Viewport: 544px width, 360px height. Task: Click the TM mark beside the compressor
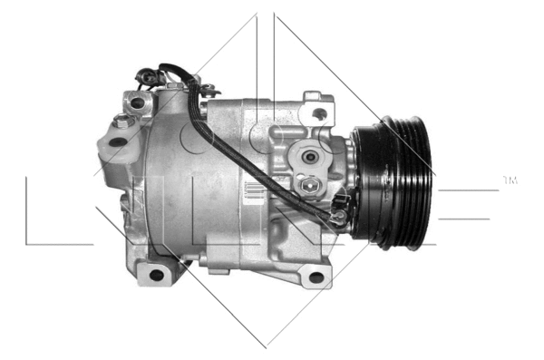point(510,181)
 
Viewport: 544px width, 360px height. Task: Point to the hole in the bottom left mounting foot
point(157,274)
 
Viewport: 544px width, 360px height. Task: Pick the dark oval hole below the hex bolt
point(117,141)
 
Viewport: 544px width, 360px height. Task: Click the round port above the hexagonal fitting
point(309,157)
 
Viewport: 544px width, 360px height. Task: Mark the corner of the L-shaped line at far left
point(26,244)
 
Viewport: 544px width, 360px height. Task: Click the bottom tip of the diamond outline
point(266,346)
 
